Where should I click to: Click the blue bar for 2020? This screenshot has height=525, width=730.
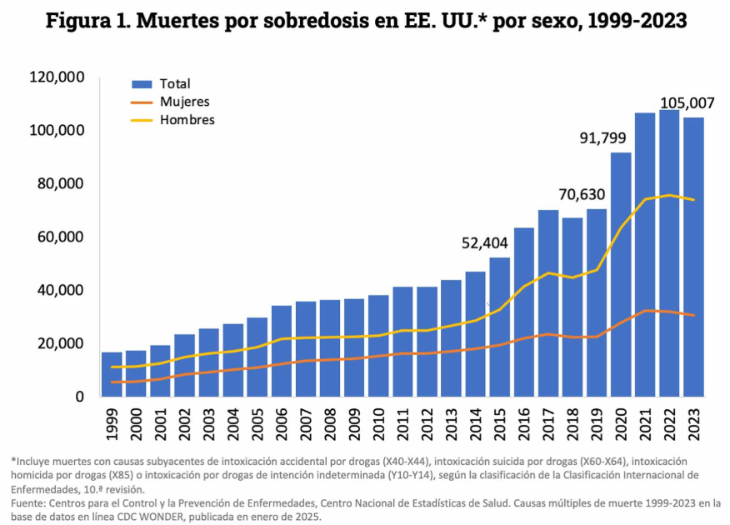coord(621,275)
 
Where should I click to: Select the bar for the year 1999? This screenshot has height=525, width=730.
coord(112,374)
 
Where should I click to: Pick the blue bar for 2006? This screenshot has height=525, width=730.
coord(282,351)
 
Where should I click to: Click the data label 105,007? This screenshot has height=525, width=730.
coord(687,103)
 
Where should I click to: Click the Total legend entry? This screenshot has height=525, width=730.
coord(175,83)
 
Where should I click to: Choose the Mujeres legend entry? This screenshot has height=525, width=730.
coord(184,102)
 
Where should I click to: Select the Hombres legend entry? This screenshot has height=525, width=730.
coord(187,120)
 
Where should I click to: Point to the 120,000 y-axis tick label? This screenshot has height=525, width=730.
coord(57,77)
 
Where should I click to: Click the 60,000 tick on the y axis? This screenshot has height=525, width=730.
coord(61,237)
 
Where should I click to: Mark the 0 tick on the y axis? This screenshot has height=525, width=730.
coord(80,397)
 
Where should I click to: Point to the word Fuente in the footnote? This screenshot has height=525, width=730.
coord(27,504)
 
